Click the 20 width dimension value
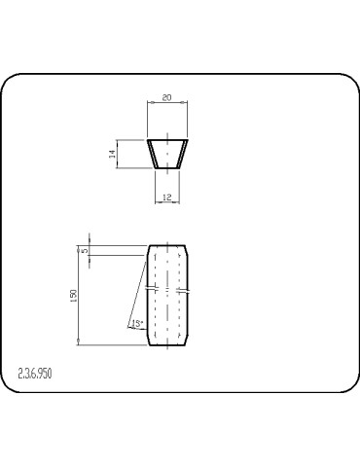(x=166, y=98)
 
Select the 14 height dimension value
(x=113, y=154)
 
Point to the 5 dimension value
(x=85, y=250)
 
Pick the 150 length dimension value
(x=74, y=295)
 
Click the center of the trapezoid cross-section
(x=167, y=154)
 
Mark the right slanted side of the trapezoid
(x=184, y=154)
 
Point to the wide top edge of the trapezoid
(x=167, y=139)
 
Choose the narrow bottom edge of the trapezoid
(x=167, y=169)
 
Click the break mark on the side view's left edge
(x=148, y=290)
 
